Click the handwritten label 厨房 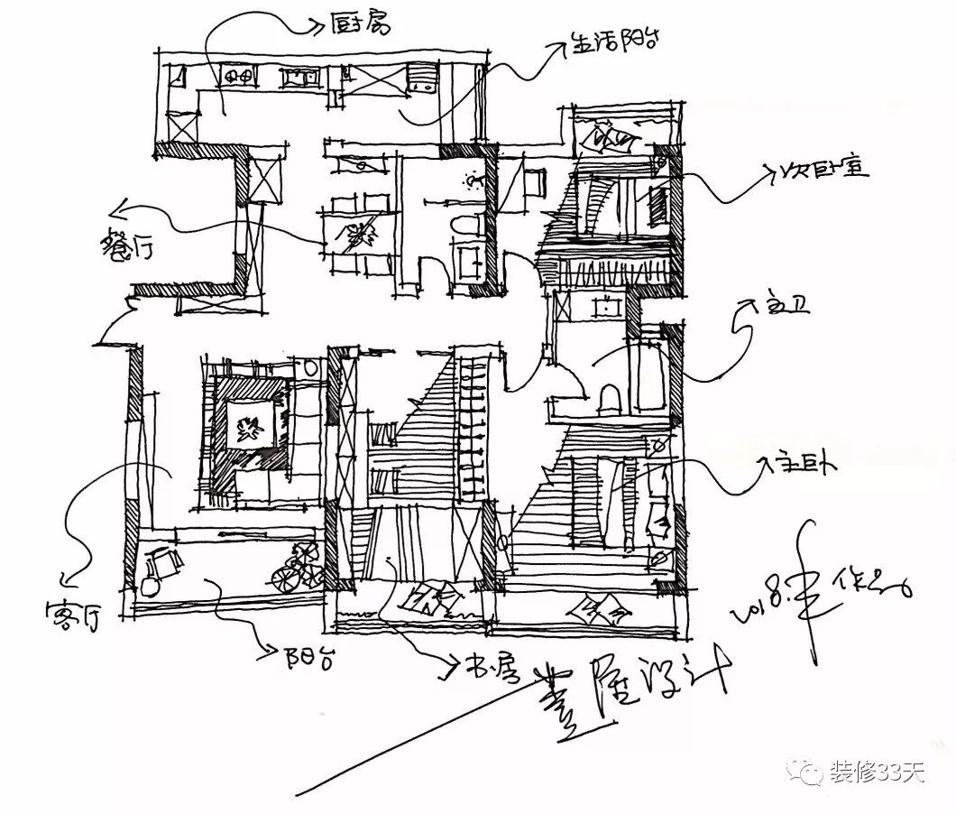pos(361,23)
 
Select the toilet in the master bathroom pos(609,396)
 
